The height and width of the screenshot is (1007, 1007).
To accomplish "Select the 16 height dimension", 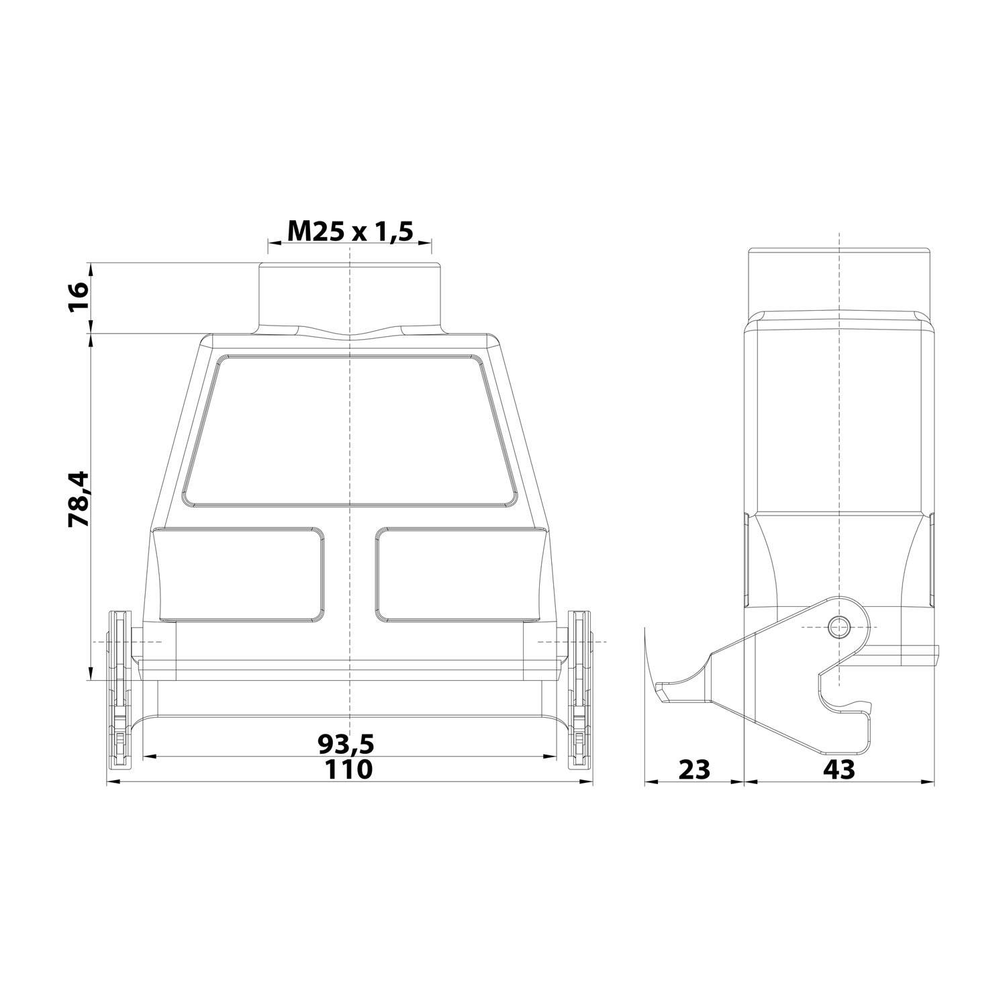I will pos(79,296).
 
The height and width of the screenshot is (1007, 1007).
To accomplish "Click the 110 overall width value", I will pos(348,770).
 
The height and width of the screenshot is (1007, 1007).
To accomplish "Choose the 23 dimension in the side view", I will pos(693,770).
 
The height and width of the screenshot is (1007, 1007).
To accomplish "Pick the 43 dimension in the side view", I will pos(839,770).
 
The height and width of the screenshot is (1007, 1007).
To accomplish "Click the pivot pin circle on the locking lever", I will pos(837,627).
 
